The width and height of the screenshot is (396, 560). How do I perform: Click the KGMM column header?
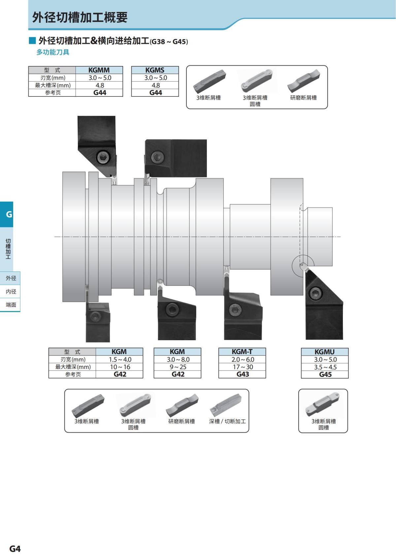coord(99,70)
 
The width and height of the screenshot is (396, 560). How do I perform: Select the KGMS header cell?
coord(155,70)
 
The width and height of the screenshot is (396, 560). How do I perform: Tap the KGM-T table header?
coord(242,352)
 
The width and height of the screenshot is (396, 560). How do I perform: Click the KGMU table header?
coord(324,352)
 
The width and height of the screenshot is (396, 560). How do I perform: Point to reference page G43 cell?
coord(243,374)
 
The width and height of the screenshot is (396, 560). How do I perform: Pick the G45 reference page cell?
coord(325,375)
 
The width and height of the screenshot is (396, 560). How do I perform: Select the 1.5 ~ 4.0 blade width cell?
coord(120,359)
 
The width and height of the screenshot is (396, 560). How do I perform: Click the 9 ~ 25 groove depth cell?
coord(178,367)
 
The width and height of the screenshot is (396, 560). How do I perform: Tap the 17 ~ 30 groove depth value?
coord(243,367)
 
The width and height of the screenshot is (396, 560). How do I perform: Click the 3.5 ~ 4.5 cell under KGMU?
coord(325,367)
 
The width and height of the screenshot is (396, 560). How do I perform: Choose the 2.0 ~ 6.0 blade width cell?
coord(243,359)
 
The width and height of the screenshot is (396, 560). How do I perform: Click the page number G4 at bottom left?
coord(15,549)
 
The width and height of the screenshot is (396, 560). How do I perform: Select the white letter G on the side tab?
coord(9,214)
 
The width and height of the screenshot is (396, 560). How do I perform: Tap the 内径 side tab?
coord(11,291)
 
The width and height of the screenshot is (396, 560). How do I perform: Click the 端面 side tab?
coord(11,305)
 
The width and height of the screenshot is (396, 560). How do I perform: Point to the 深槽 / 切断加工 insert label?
coord(227,421)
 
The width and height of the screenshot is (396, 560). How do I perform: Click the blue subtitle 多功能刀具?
coord(53,52)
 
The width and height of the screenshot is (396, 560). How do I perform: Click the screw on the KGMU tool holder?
coord(316,293)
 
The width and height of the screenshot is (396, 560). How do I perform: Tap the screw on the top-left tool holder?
coord(103,157)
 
